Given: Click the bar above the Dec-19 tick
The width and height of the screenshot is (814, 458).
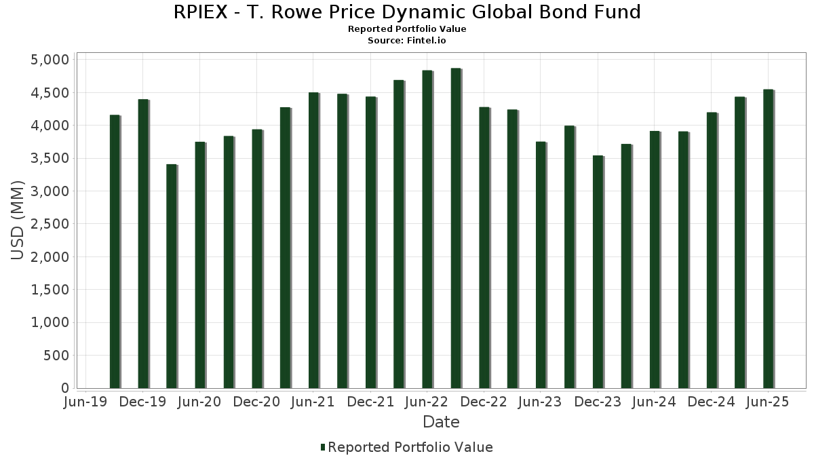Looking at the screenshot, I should pyautogui.click(x=143, y=244).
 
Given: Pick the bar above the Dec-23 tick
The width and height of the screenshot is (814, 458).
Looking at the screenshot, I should pyautogui.click(x=598, y=272).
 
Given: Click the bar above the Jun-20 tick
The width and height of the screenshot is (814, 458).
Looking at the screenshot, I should pyautogui.click(x=200, y=265).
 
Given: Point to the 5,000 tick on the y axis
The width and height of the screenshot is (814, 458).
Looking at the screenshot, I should pyautogui.click(x=51, y=60).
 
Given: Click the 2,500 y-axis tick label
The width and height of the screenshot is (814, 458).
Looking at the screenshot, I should pyautogui.click(x=51, y=224).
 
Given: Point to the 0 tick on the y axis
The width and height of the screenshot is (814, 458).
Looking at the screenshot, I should pyautogui.click(x=64, y=388).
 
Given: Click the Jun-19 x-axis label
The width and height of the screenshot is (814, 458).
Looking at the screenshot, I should pyautogui.click(x=85, y=402).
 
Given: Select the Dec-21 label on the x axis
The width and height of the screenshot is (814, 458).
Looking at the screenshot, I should pyautogui.click(x=370, y=402).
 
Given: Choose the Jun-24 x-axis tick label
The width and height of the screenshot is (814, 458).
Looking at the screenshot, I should pyautogui.click(x=655, y=402).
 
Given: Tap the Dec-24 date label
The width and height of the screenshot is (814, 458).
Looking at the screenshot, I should pyautogui.click(x=712, y=402).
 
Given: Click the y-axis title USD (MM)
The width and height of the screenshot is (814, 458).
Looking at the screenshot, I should pyautogui.click(x=18, y=221).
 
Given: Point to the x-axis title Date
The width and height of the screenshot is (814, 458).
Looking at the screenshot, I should pyautogui.click(x=441, y=422).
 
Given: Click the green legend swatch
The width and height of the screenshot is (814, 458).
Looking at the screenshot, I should pyautogui.click(x=323, y=447).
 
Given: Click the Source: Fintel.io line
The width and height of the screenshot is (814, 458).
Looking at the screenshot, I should pyautogui.click(x=407, y=41).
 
